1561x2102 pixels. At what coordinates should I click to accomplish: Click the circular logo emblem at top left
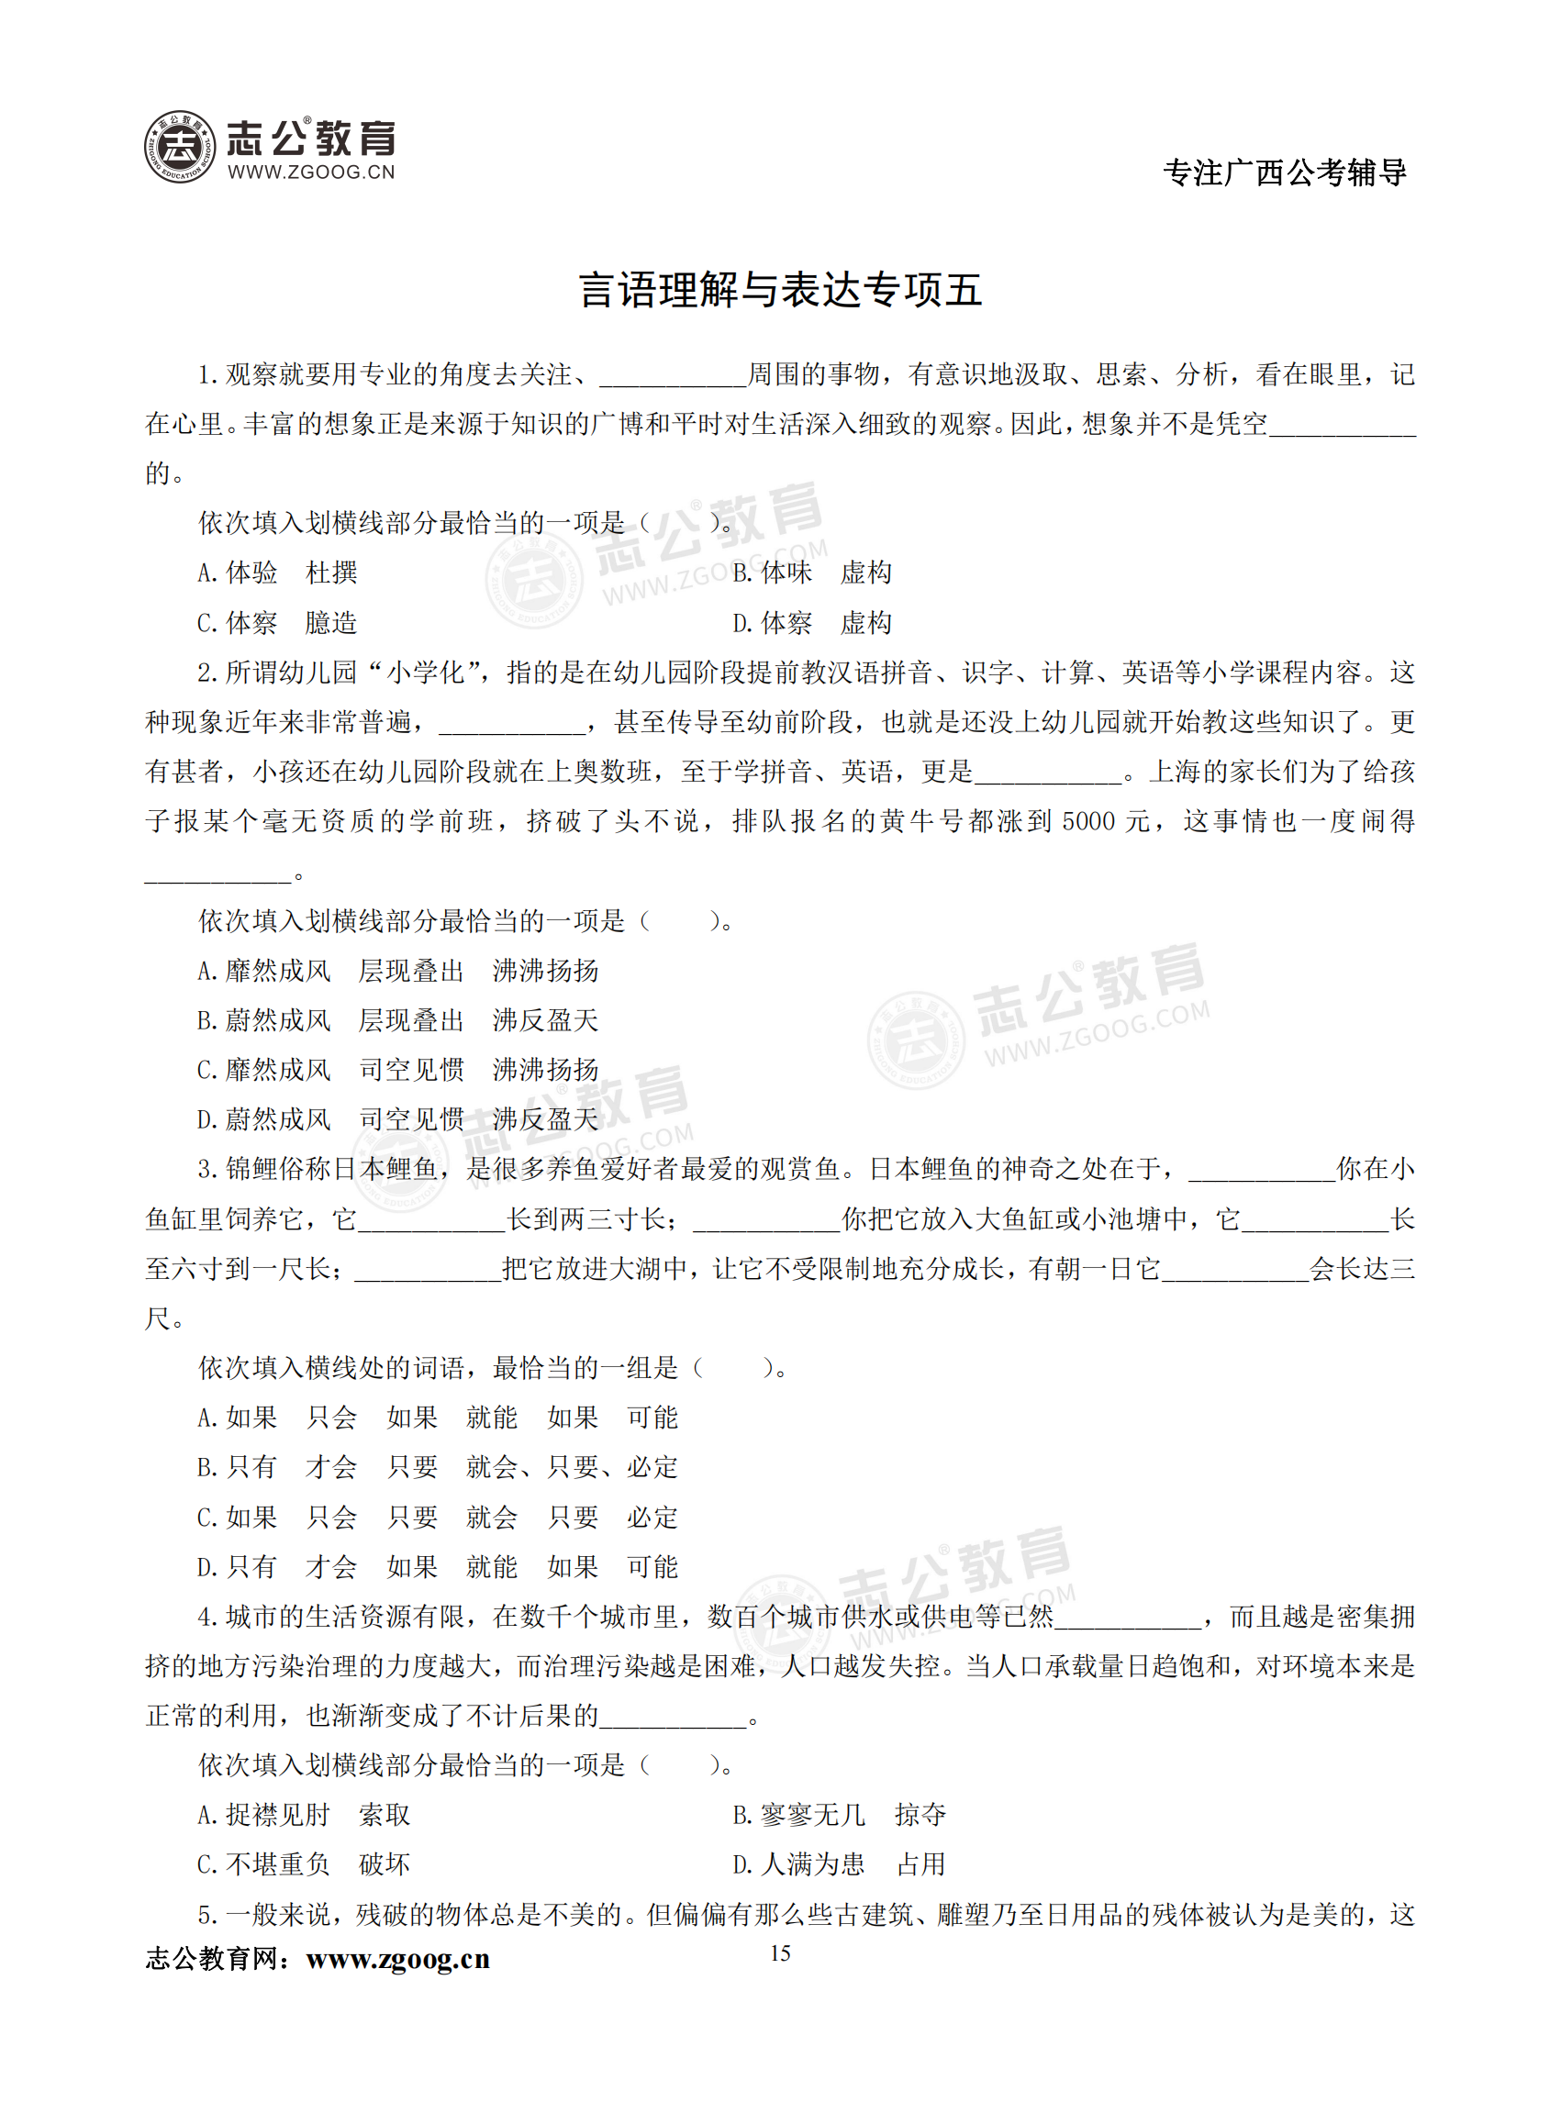(180, 147)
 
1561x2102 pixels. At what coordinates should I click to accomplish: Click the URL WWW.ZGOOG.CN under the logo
(311, 172)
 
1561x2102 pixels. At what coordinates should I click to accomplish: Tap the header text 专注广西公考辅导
(1284, 172)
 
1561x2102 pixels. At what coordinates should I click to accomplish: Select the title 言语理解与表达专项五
(779, 290)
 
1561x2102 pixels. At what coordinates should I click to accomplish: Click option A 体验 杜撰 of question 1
(277, 573)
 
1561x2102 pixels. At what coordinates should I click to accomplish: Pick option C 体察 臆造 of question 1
(277, 623)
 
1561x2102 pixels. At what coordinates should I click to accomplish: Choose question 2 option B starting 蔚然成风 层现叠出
(396, 1020)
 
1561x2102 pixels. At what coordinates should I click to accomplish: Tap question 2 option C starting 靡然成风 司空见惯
(396, 1070)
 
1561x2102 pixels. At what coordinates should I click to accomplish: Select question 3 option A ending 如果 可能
(438, 1417)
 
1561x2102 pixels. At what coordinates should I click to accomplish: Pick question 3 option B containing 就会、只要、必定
(438, 1467)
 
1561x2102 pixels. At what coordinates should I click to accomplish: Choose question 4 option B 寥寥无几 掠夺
(838, 1815)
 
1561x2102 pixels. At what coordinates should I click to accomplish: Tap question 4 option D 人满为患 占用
(838, 1864)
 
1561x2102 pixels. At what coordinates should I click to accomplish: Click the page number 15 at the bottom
(779, 1952)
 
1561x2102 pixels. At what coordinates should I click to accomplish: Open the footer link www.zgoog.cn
(397, 1960)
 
